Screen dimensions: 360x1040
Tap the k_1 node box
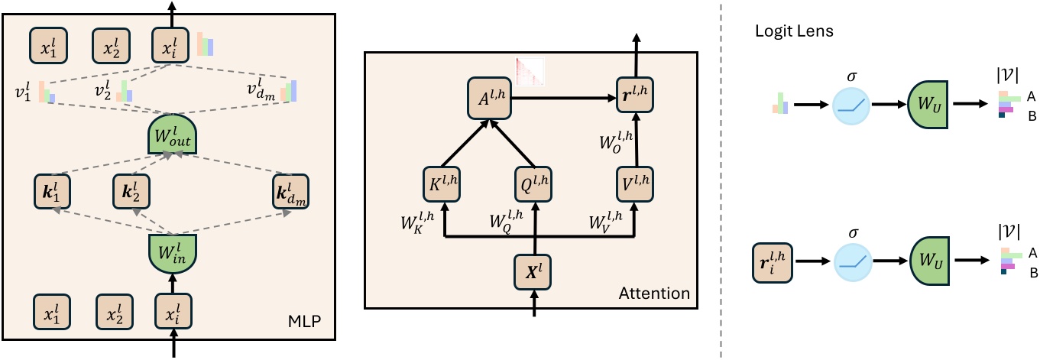point(51,193)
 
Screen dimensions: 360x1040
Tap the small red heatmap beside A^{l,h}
point(530,71)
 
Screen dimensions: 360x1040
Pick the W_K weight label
point(416,225)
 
